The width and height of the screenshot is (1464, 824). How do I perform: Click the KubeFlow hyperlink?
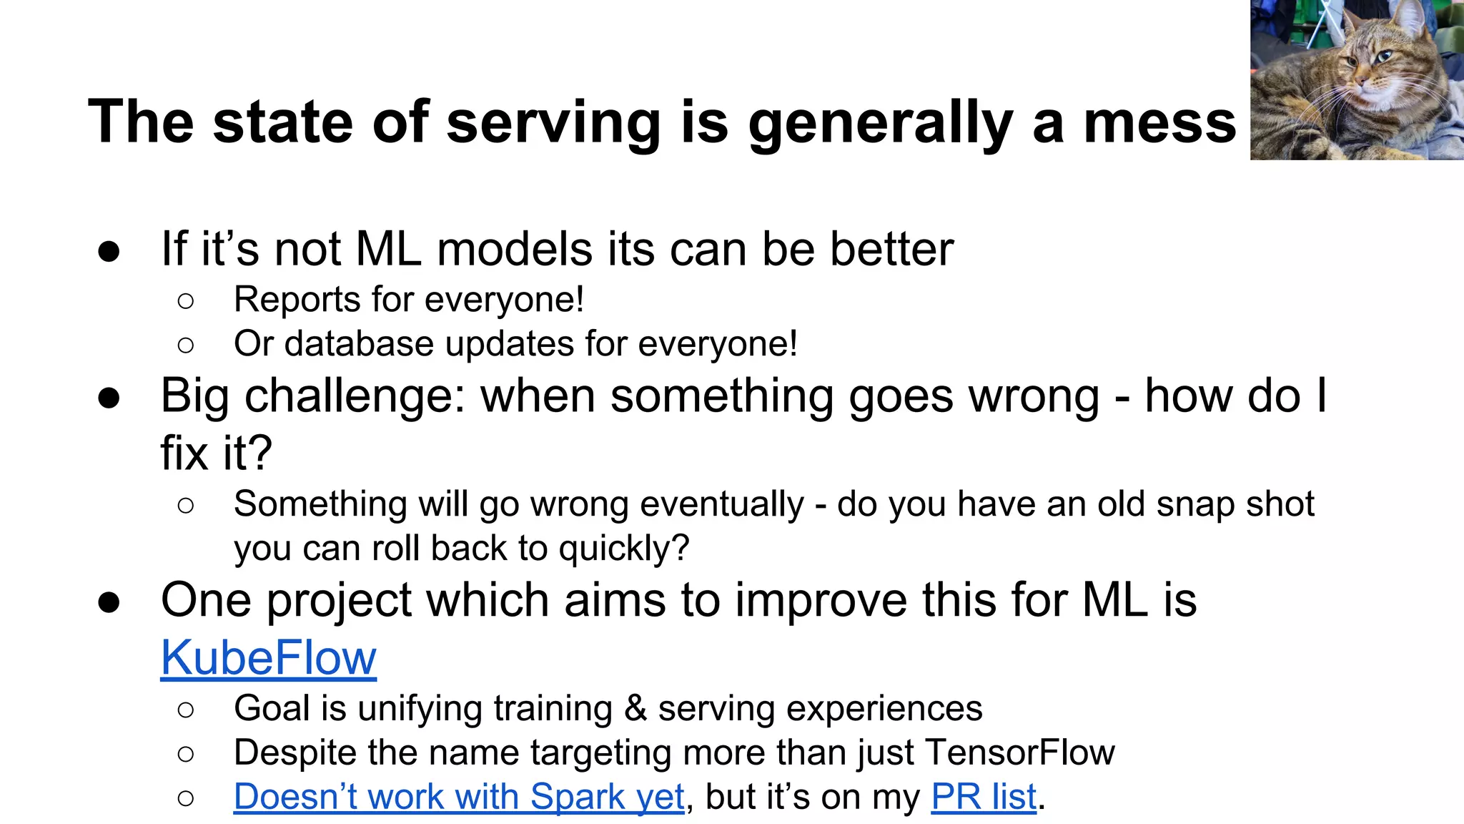tap(268, 658)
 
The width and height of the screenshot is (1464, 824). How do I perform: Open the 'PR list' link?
tap(983, 797)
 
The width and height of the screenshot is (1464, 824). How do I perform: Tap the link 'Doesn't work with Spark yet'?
tap(459, 797)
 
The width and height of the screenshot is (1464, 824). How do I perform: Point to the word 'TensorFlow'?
tap(1019, 752)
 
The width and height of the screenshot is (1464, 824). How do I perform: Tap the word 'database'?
tap(358, 344)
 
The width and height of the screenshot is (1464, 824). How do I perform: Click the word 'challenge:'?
tap(355, 398)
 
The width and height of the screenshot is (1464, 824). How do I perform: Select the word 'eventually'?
tap(722, 504)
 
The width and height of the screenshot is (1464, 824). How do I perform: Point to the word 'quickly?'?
tap(624, 549)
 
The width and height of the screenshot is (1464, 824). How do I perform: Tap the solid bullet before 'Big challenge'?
tap(109, 398)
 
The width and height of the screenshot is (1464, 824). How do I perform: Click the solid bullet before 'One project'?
tap(109, 602)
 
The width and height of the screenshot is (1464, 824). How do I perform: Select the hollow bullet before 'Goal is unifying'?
tap(186, 710)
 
